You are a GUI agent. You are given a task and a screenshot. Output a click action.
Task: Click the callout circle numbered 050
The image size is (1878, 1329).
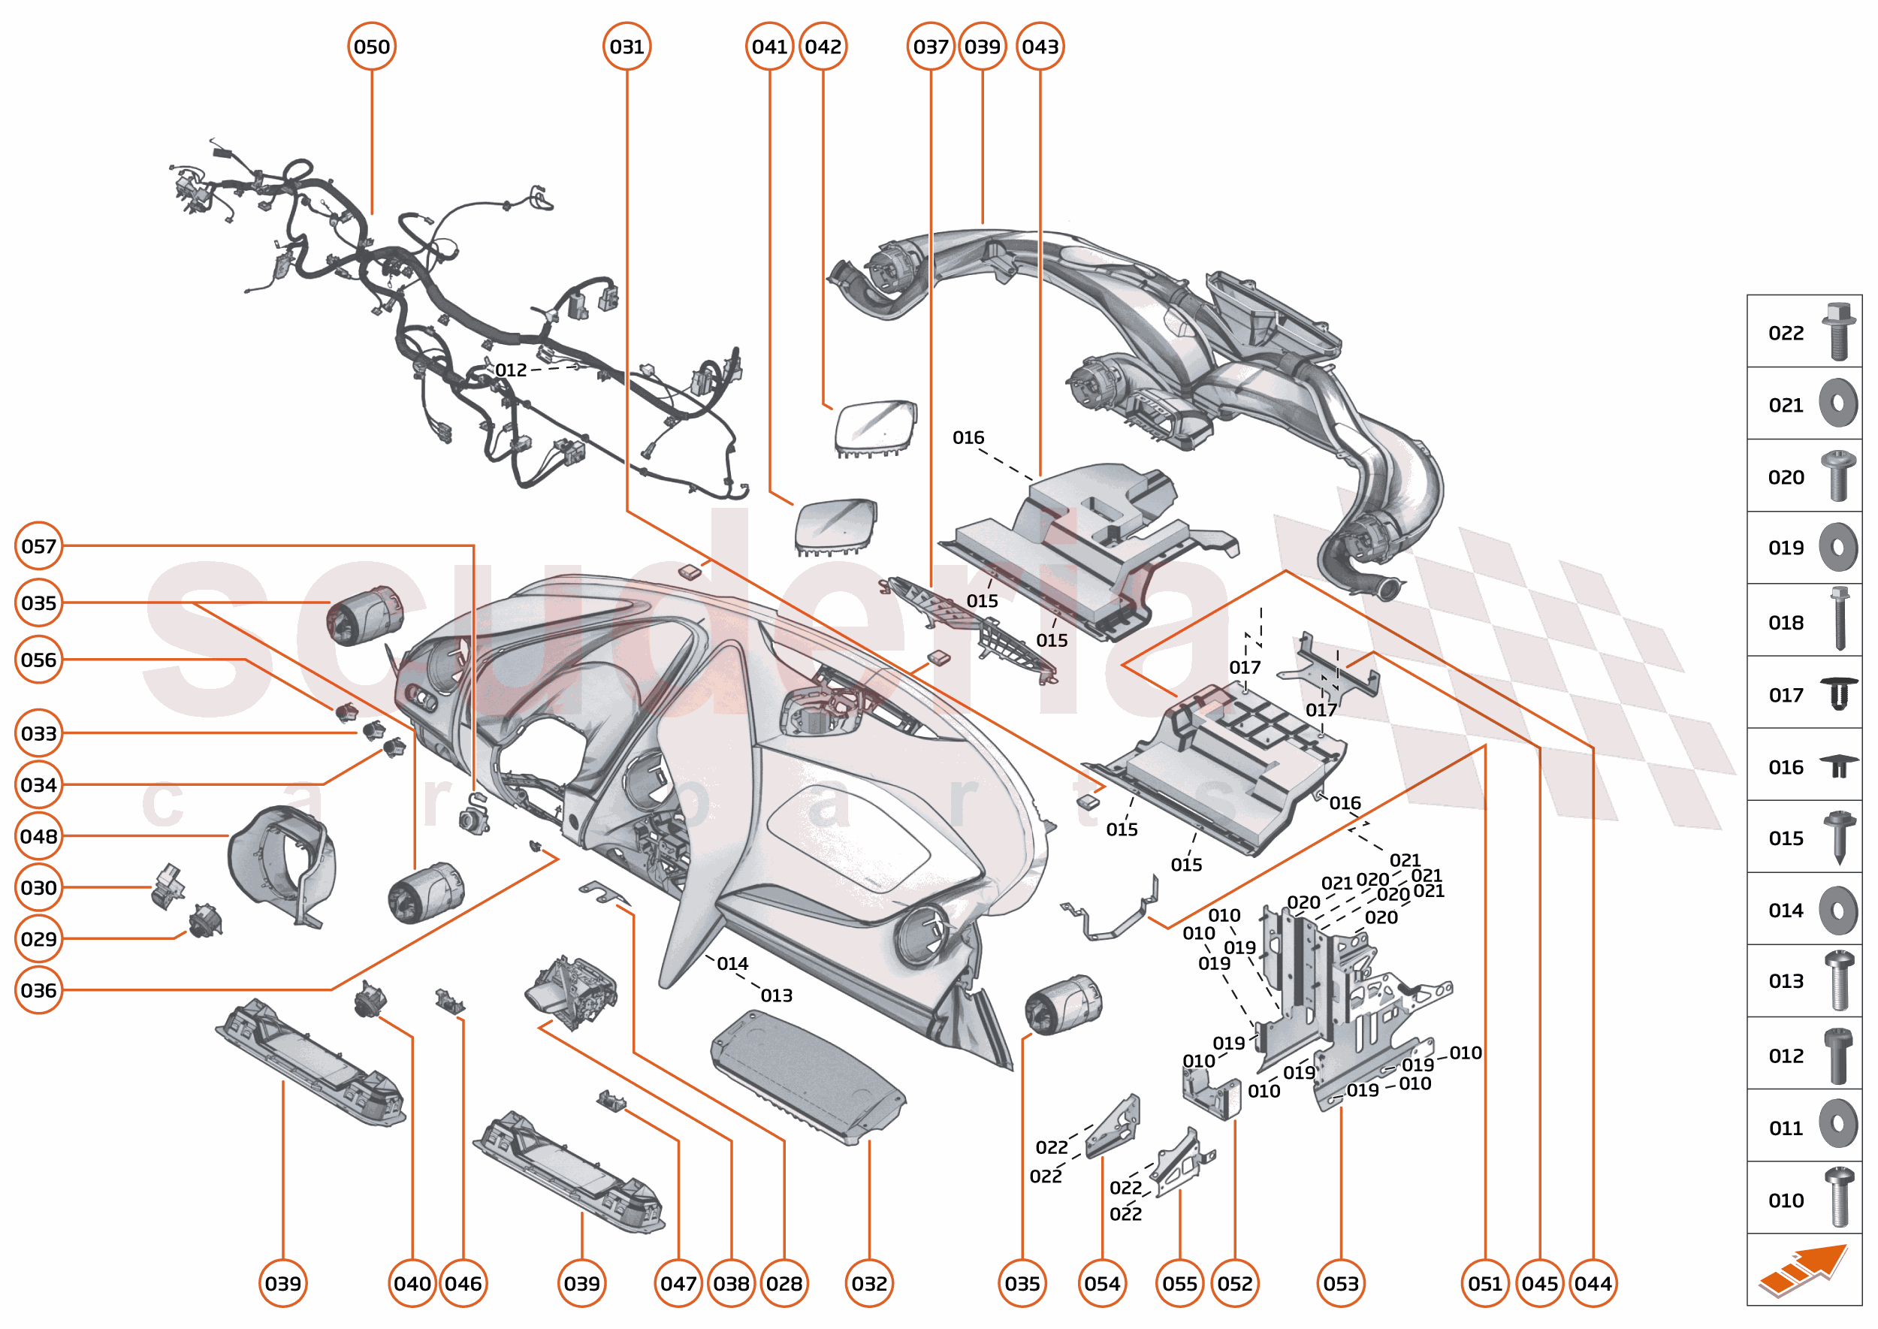tap(372, 47)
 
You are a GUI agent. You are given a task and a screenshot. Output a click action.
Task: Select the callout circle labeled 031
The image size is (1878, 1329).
tap(627, 47)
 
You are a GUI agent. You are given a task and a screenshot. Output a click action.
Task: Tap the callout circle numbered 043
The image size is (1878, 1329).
tap(1040, 47)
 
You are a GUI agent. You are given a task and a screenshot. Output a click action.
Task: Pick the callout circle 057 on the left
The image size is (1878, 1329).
tap(38, 546)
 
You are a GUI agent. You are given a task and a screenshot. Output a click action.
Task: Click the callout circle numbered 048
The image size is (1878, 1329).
tap(38, 836)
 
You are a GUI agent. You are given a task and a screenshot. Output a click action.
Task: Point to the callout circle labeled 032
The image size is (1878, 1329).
tap(869, 1283)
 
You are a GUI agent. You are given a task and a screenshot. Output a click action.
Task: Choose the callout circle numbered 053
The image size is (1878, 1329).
tap(1341, 1283)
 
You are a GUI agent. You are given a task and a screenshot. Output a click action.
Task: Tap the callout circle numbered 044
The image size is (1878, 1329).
tap(1593, 1283)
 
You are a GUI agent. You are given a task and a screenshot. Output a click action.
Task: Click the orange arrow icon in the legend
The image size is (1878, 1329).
tap(1804, 1270)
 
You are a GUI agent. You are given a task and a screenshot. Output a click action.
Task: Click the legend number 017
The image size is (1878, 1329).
tap(1786, 696)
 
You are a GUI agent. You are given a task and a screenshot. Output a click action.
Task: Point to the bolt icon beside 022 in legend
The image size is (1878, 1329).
tap(1838, 331)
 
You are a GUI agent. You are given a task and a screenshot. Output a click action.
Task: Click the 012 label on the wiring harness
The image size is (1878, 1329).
tap(511, 370)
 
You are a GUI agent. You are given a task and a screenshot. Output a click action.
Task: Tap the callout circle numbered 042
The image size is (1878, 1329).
tap(823, 47)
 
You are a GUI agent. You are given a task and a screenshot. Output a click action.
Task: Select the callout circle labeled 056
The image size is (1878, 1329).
tap(38, 660)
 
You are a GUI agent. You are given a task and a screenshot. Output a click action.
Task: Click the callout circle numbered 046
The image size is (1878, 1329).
tap(463, 1283)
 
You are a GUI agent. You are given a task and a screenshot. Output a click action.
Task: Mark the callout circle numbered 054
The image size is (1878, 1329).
tap(1102, 1283)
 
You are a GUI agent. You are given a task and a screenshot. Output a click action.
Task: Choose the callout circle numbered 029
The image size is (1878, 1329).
tap(38, 938)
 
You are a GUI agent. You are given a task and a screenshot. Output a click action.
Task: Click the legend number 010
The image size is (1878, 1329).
tap(1786, 1201)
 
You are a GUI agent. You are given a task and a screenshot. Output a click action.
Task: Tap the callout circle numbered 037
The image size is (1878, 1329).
tap(931, 47)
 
